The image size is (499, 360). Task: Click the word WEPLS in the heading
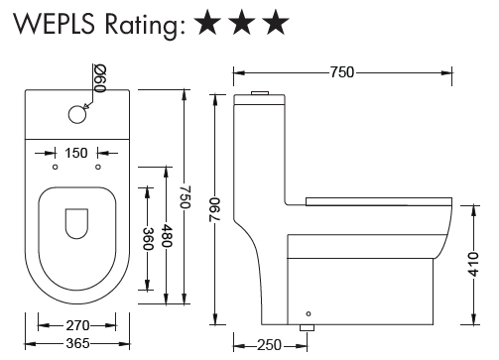click(x=55, y=24)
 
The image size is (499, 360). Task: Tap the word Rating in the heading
click(x=145, y=26)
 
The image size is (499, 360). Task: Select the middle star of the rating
click(x=243, y=22)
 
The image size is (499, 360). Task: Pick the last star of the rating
click(x=276, y=22)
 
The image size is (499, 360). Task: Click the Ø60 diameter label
click(x=100, y=78)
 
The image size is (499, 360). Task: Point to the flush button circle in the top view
click(x=77, y=114)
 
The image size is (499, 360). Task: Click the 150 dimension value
click(x=76, y=153)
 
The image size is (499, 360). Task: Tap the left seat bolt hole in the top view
click(x=56, y=167)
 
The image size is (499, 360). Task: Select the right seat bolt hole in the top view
click(x=98, y=167)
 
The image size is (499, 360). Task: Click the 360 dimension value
click(x=148, y=239)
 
